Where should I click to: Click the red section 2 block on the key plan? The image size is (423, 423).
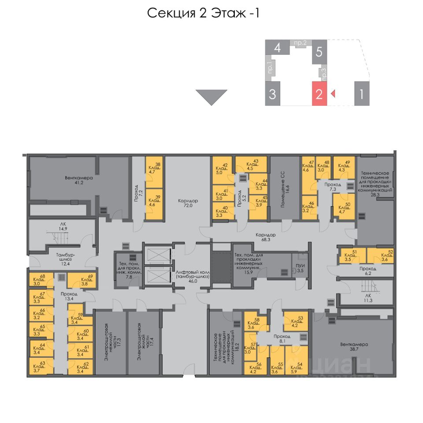[x=319, y=93]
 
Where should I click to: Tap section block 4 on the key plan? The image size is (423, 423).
[x=277, y=48]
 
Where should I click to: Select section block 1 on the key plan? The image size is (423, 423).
[x=361, y=93]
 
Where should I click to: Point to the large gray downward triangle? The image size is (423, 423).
[x=211, y=96]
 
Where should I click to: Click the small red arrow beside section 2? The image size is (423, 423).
[x=333, y=93]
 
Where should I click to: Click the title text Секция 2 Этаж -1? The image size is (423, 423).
[x=203, y=13]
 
